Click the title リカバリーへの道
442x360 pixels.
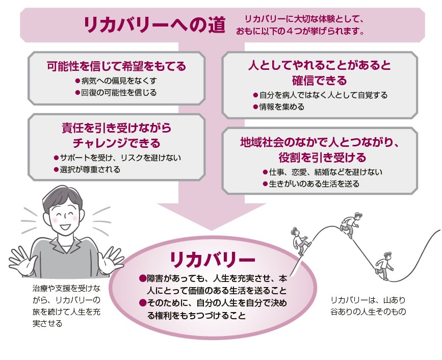tap(154, 25)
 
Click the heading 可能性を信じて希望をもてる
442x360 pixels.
tap(116, 66)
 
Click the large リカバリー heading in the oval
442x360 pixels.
tap(213, 259)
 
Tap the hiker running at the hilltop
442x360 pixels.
tap(350, 225)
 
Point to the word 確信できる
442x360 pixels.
tap(320, 80)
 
